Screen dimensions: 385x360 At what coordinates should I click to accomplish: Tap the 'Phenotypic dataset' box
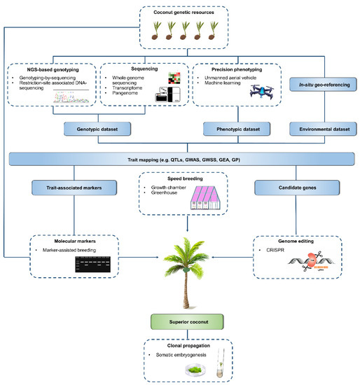coord(228,129)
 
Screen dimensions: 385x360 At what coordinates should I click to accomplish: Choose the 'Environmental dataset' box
coord(319,129)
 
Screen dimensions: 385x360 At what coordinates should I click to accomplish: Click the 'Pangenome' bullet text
coord(134,91)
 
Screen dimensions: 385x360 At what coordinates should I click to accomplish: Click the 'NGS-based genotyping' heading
coord(53,69)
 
